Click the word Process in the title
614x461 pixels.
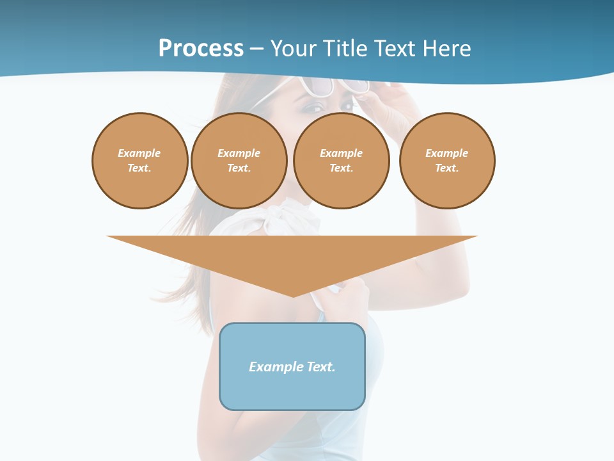(201, 49)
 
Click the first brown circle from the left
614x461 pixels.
(140, 161)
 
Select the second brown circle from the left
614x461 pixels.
(239, 161)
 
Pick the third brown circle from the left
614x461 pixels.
(341, 161)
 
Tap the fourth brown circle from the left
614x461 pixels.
(447, 161)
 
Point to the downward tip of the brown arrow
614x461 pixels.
(293, 295)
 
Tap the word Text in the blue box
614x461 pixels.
(321, 367)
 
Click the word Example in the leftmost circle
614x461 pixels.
(139, 154)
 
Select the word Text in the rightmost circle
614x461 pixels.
(446, 168)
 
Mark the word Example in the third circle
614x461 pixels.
(341, 154)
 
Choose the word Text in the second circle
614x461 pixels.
(239, 168)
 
